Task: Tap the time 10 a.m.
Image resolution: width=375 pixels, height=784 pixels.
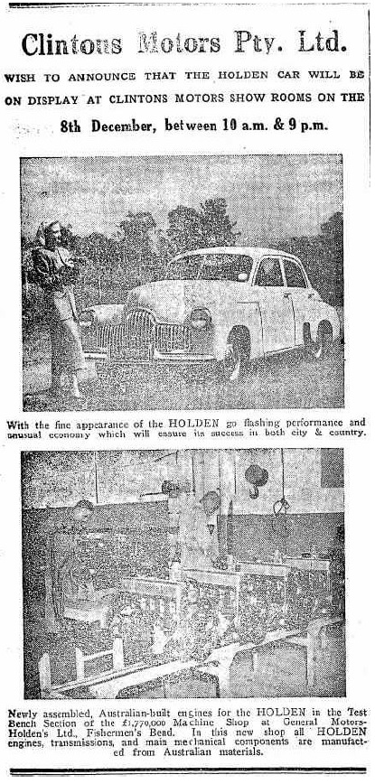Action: pyautogui.click(x=230, y=126)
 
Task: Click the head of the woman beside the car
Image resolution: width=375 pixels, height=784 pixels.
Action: pyautogui.click(x=50, y=233)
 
